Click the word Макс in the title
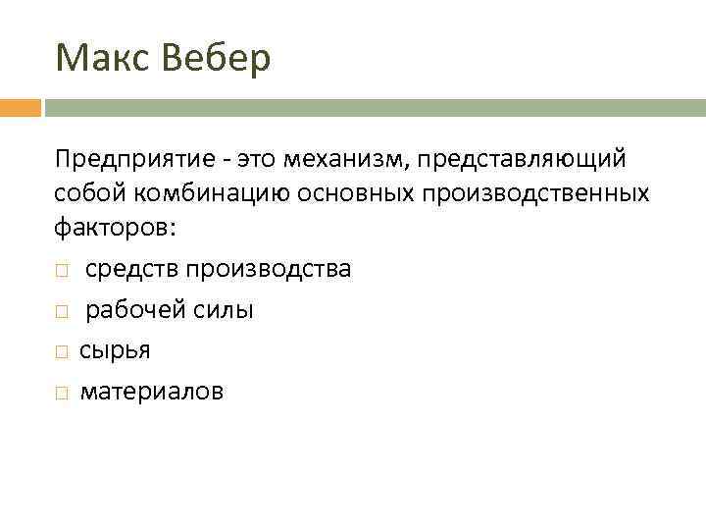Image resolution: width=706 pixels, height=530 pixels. [x=98, y=59]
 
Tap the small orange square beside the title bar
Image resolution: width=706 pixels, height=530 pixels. [x=20, y=107]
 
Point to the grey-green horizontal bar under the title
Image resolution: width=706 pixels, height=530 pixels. [x=373, y=107]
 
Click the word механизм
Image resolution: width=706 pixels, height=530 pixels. [x=353, y=159]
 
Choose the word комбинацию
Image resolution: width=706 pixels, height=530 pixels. [x=195, y=193]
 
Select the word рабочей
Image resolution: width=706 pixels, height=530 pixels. [x=126, y=310]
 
